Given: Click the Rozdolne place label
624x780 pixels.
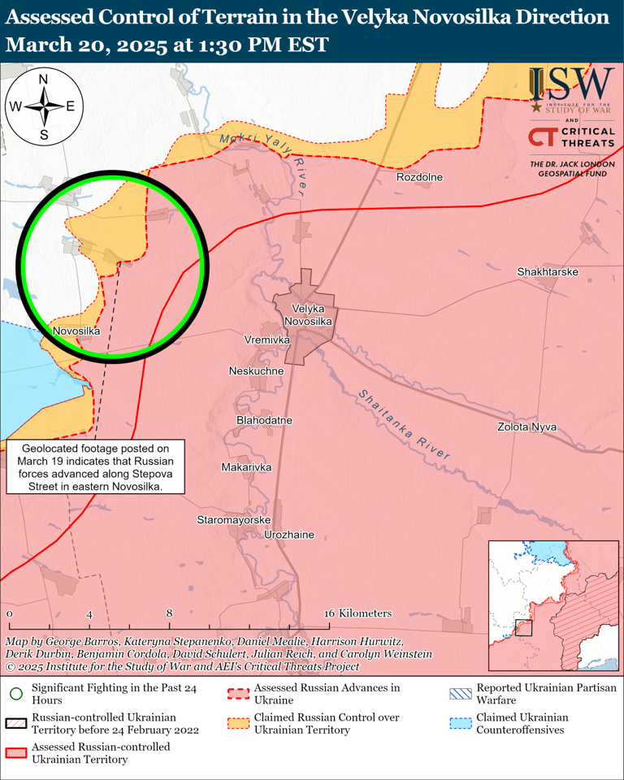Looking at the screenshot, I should coord(419,177).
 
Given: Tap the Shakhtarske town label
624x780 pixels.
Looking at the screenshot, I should coord(548,271).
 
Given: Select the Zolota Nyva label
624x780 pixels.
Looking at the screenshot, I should coord(526,427).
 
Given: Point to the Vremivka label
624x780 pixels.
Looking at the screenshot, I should coord(266,338).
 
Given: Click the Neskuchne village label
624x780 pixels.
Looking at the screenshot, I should coord(257,370).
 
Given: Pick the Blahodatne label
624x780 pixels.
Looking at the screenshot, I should coord(264,420).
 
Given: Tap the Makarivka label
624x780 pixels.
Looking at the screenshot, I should coord(246,467).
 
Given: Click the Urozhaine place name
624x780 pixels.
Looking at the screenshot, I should coord(289,535).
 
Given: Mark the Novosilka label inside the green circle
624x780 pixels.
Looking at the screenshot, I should coord(76,331).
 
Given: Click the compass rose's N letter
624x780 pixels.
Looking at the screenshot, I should coord(44,79).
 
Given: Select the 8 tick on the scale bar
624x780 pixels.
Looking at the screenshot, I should coord(169,613).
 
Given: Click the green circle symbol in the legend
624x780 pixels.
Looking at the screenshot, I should coord(15,693).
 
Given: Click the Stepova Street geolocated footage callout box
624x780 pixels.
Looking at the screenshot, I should coord(96,467).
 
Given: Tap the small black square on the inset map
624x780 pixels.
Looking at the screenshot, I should coord(523,627).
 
